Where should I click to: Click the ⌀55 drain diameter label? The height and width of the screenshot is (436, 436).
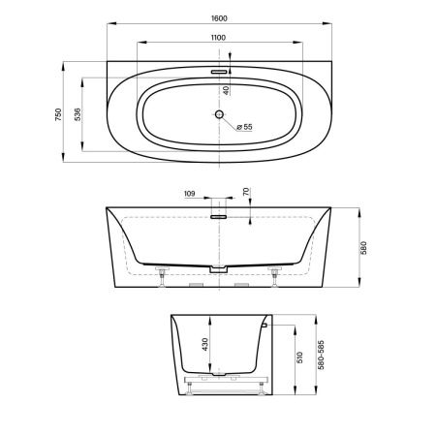pyautogui.click(x=244, y=126)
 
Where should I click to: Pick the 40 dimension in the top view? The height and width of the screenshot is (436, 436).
pyautogui.click(x=225, y=91)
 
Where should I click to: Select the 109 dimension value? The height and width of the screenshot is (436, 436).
pyautogui.click(x=190, y=194)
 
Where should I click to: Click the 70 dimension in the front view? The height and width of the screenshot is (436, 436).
pyautogui.click(x=245, y=194)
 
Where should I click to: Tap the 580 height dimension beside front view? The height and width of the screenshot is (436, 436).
pyautogui.click(x=362, y=248)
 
